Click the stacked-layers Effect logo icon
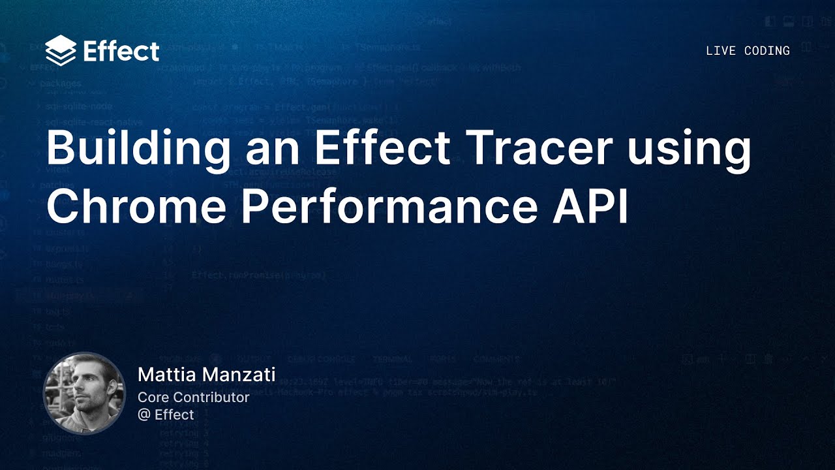click(61, 51)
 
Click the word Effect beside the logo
click(121, 51)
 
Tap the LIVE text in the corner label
click(720, 51)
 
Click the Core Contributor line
click(193, 397)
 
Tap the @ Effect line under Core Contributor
click(166, 415)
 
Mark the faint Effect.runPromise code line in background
click(258, 275)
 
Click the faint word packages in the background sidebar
click(61, 84)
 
